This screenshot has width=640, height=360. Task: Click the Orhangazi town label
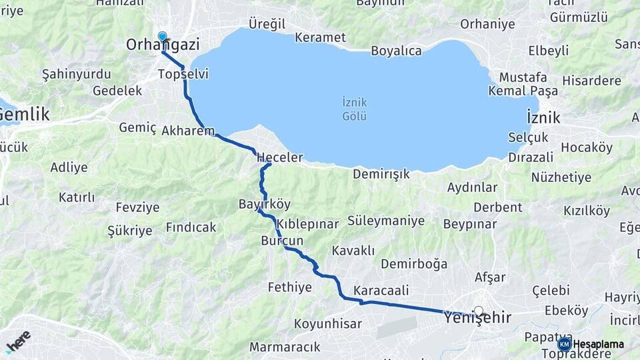163,45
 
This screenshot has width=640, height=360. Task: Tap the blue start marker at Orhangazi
162,36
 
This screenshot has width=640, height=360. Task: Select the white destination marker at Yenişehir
478,311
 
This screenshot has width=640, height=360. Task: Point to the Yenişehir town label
477,319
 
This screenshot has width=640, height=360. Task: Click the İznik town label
543,118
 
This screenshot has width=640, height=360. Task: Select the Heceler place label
280,158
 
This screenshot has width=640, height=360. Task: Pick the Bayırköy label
265,204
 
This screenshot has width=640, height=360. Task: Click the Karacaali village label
381,291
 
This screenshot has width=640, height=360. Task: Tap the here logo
18,341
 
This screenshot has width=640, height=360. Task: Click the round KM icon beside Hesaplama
565,344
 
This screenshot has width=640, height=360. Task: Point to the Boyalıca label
396,51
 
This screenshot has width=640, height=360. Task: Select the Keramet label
320,37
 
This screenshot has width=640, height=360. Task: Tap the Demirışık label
381,174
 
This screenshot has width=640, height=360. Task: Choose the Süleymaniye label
386,221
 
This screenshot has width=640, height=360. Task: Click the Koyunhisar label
328,324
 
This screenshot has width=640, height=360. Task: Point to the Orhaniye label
487,24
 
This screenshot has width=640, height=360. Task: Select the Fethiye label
289,288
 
